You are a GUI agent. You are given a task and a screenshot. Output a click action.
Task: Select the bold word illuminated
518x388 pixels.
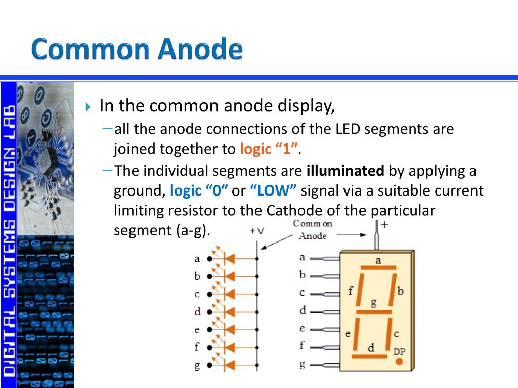pos(346,171)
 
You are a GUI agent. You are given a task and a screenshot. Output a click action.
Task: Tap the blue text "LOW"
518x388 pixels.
pos(274,191)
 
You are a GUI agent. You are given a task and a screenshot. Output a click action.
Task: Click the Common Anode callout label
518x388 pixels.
pos(313,230)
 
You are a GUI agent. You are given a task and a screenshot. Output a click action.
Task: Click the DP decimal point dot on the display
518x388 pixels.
pos(399,362)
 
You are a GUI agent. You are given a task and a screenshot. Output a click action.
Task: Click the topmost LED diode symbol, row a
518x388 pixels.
pos(229,259)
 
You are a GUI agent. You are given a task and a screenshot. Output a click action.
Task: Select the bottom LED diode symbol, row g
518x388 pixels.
pos(229,365)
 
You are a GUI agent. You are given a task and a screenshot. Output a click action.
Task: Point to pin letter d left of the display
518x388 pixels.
pos(303,310)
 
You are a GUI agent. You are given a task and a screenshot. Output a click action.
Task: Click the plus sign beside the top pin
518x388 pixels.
pos(384,225)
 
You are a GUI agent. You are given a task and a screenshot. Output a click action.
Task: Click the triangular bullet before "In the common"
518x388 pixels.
pos(88,107)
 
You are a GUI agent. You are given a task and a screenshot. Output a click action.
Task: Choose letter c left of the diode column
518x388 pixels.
pos(197,294)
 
